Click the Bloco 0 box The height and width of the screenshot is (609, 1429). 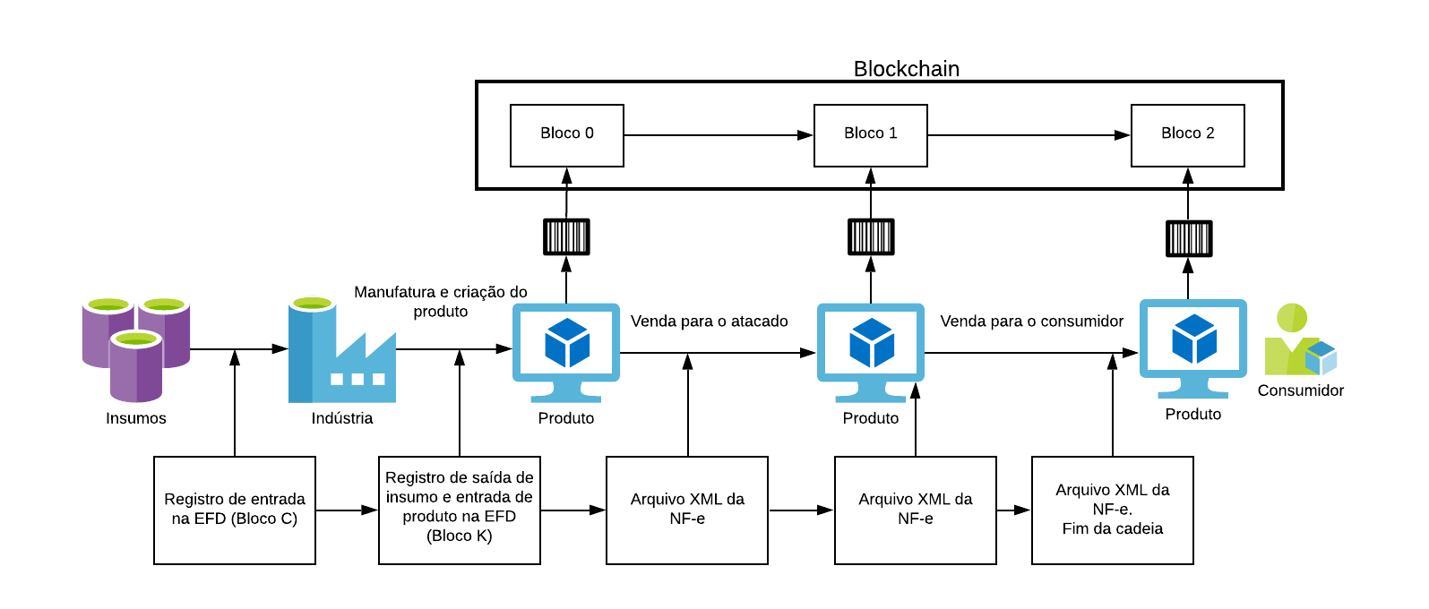pos(566,135)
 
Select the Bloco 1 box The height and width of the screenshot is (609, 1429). pos(870,135)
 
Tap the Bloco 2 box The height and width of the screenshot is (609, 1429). pos(1187,135)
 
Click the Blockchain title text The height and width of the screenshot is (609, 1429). pos(906,69)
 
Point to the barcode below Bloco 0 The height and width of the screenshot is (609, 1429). pos(566,237)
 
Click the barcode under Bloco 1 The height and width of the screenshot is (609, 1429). pos(871,237)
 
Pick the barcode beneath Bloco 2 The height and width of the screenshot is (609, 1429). pos(1188,239)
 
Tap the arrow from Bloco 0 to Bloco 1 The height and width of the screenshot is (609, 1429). pos(718,135)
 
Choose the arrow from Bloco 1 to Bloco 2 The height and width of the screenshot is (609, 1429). pos(1029,135)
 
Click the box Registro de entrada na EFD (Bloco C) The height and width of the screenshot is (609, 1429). pos(235,510)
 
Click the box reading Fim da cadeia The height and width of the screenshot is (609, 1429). pos(1112,510)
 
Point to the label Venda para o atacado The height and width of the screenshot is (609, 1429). pos(709,322)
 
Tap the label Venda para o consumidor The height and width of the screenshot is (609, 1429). pos(1031,322)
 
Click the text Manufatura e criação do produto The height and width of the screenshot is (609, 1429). pos(440,302)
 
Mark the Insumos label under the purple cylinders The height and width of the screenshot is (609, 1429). pos(136,418)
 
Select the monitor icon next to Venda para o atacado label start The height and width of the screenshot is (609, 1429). pos(566,352)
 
